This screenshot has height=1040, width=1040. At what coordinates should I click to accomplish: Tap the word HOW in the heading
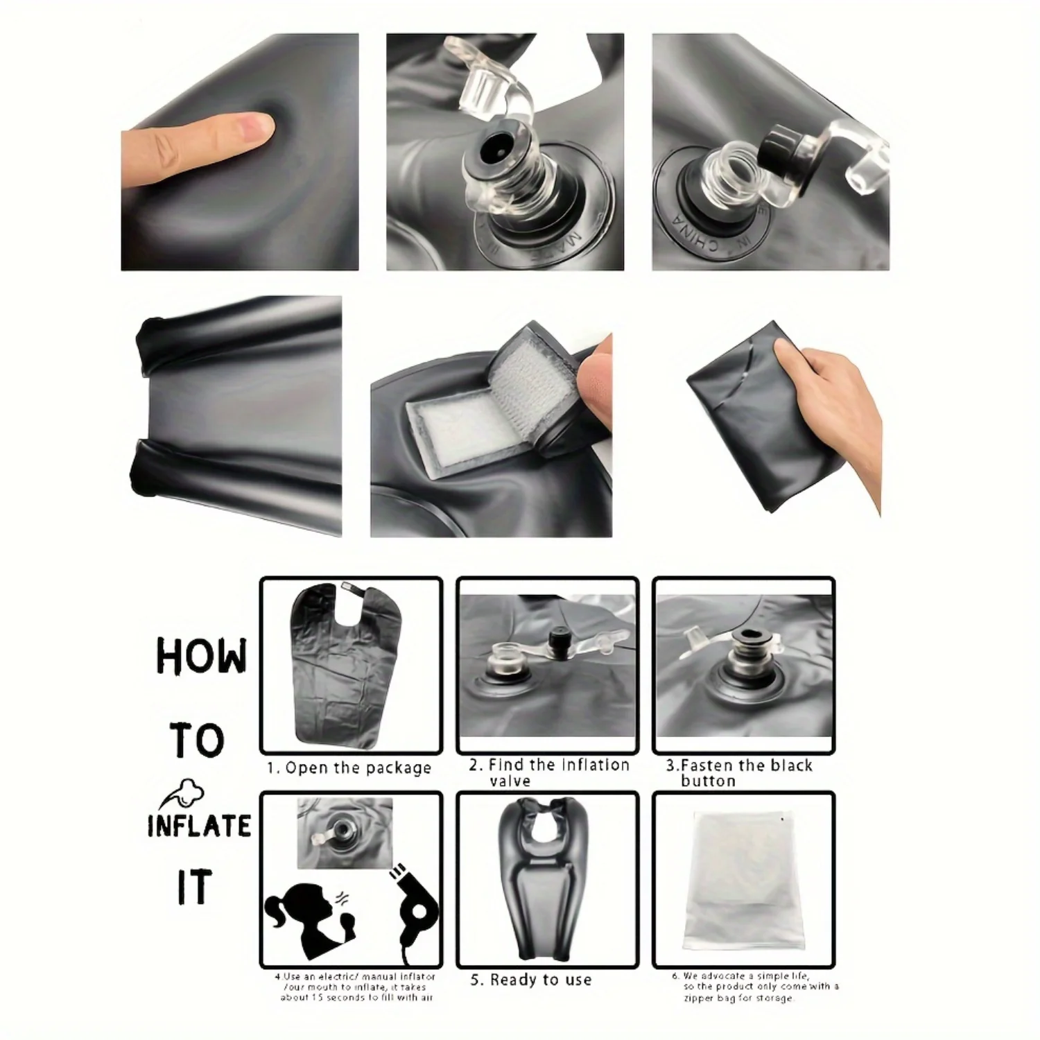[x=200, y=656]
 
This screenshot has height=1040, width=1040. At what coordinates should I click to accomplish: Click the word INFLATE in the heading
[x=199, y=826]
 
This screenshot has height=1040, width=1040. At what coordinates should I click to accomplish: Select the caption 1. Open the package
[x=349, y=768]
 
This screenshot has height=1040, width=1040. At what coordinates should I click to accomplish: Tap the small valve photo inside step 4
[x=344, y=831]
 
